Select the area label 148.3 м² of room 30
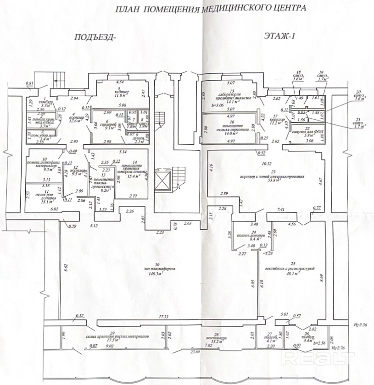coord(151,274)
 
